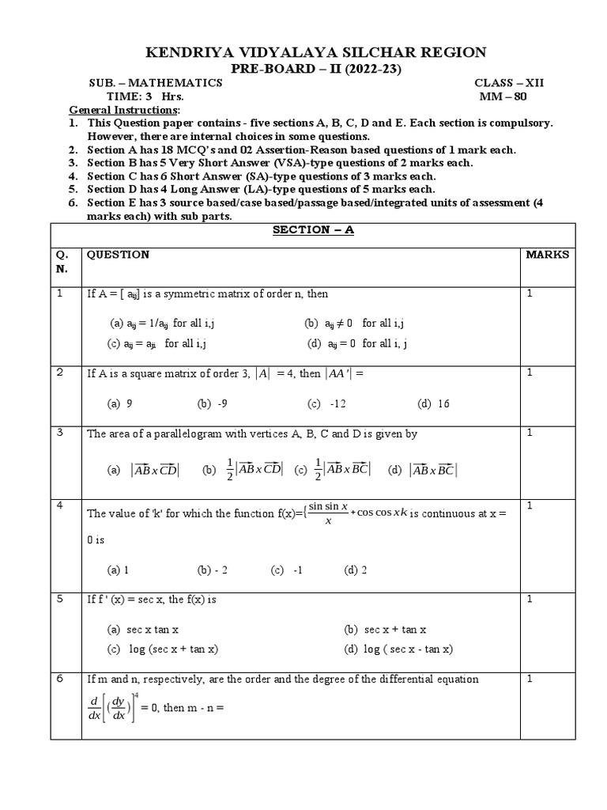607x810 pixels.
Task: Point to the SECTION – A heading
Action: [x=303, y=229]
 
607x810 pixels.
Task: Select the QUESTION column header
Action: [x=117, y=255]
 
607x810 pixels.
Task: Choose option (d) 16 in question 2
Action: [x=433, y=403]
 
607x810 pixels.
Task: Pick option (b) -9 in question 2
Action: [x=213, y=403]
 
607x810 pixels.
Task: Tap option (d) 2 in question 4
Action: [x=355, y=570]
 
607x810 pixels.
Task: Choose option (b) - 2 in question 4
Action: [x=213, y=570]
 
